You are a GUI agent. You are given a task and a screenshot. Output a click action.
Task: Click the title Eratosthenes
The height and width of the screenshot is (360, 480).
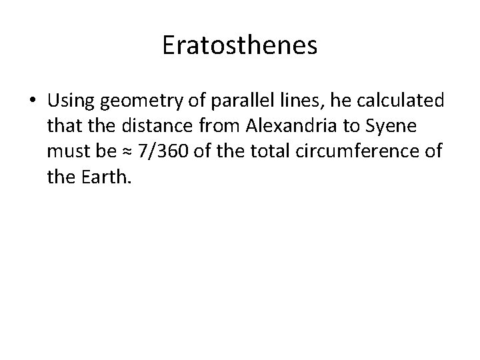pos(240,46)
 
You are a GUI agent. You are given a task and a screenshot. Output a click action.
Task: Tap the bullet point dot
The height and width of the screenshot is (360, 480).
pos(33,103)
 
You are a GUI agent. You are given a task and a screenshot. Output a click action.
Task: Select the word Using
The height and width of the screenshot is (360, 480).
pos(70,101)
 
